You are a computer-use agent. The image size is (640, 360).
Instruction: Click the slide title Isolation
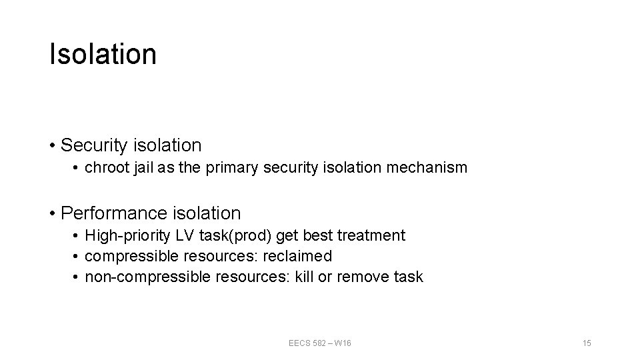103,55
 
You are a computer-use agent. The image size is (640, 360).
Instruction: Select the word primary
231,168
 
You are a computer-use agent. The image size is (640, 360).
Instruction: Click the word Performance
115,213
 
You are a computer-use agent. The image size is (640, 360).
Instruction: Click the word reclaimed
298,256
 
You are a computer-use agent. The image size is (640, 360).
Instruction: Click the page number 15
587,343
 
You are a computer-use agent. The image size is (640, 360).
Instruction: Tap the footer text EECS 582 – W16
320,343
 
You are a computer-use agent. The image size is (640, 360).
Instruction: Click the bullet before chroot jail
77,168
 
